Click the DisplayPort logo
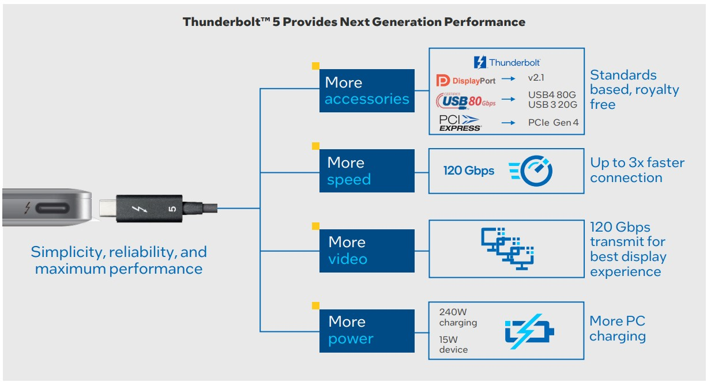point(465,81)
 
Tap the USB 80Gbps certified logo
point(465,101)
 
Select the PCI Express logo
point(460,123)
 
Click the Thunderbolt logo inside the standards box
point(507,62)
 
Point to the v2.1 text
point(536,78)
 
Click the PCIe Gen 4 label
point(553,122)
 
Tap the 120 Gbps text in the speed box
point(469,171)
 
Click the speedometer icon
point(531,171)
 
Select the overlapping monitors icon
point(507,248)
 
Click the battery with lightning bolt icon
point(529,331)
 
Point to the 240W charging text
point(458,317)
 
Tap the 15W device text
point(453,345)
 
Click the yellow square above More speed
point(315,146)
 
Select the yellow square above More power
point(315,305)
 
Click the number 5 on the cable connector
point(172,209)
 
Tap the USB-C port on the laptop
point(52,208)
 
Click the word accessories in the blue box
point(367,99)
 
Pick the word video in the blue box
point(348,259)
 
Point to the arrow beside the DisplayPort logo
point(508,79)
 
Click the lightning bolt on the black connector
point(139,209)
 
